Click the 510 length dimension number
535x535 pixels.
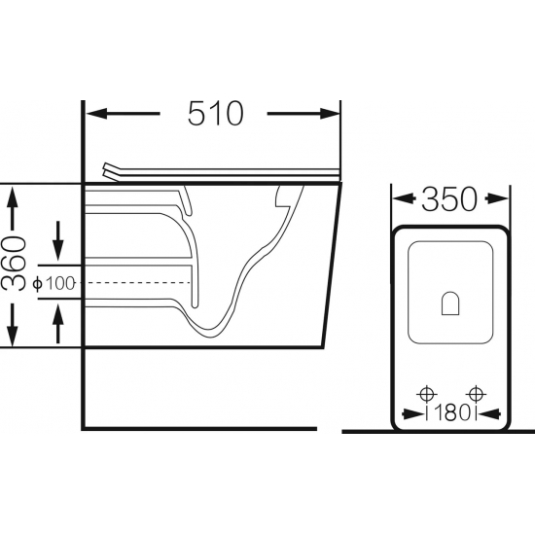point(216,113)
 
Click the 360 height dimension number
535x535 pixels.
point(14,264)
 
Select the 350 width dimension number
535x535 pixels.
point(449,198)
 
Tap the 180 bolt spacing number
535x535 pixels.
point(450,412)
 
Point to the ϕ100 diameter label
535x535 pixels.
point(53,283)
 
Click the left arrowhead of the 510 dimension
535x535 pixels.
point(96,113)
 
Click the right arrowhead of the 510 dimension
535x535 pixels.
point(330,113)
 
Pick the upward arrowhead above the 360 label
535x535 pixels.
point(13,196)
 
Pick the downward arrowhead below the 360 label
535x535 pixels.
point(13,336)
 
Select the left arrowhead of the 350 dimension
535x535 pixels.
point(404,198)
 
